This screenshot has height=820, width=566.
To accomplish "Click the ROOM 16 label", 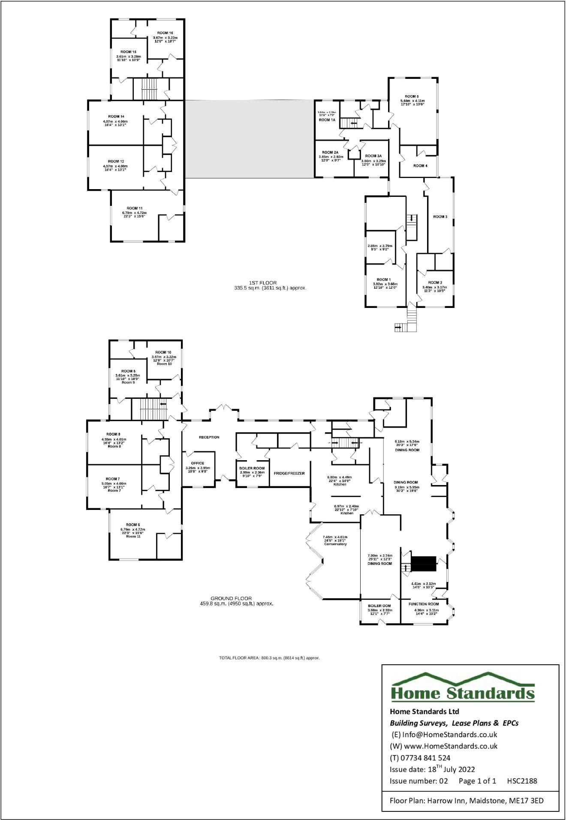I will tap(165, 33).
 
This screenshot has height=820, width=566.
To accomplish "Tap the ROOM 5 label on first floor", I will tap(411, 96).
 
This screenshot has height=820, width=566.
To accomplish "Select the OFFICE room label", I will tap(198, 463).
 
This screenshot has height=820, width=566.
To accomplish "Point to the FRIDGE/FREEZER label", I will tap(289, 473).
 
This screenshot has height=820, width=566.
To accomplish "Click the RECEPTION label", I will tap(209, 437).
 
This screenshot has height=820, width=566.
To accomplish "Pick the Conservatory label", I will tap(335, 544).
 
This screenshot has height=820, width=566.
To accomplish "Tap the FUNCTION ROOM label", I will tap(423, 604).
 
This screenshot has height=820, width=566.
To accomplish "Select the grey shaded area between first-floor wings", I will tap(249, 139).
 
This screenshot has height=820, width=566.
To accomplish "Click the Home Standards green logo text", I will tap(463, 693).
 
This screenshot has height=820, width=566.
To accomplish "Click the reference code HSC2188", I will tap(522, 781).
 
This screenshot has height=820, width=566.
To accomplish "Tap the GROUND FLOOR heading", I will tap(231, 598).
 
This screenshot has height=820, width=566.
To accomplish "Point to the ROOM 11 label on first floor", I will tap(134, 208).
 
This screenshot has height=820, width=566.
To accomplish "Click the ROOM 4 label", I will tap(420, 166).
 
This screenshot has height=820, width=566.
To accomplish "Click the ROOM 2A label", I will tap(330, 152).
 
